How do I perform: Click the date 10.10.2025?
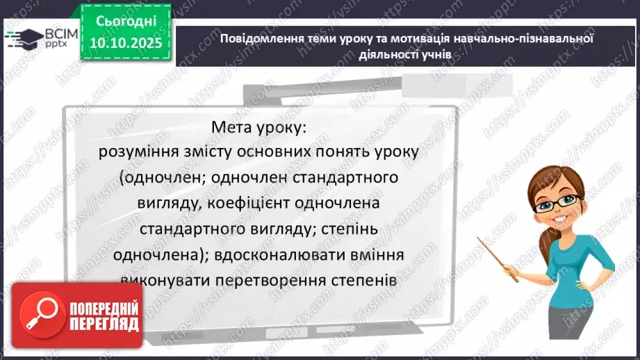126,42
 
